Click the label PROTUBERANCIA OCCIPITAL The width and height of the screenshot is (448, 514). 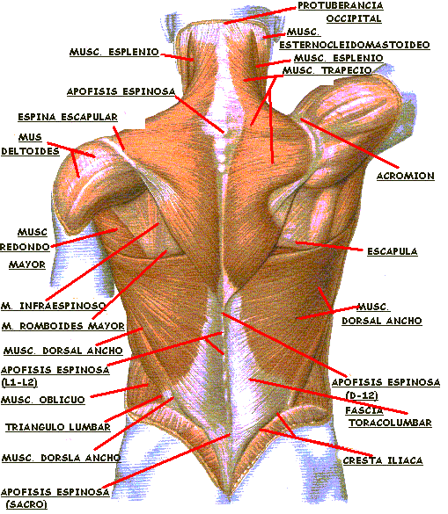341,12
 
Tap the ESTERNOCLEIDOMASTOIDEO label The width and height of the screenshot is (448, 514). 355,45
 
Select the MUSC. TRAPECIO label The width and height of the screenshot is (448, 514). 327,70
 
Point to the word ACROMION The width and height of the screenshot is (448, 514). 405,176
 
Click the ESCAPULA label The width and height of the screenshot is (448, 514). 393,251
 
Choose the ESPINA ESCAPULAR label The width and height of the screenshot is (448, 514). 68,117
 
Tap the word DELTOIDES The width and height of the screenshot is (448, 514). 30,151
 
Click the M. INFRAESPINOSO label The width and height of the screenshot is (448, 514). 54,306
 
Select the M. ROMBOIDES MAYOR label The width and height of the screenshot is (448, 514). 63,326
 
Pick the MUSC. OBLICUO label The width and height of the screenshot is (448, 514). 43,400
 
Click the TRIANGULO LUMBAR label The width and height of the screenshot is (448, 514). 58,427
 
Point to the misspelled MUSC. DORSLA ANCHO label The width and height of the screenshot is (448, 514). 61,458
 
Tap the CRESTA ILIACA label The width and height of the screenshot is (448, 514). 383,460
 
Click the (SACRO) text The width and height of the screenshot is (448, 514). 26,504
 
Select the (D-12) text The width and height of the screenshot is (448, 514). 362,395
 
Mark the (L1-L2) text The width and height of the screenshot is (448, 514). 19,382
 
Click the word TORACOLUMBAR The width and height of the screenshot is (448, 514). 390,423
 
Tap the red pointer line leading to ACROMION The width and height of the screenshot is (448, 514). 349,143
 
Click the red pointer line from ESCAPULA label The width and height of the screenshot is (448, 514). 329,246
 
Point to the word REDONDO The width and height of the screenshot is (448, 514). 25,247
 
